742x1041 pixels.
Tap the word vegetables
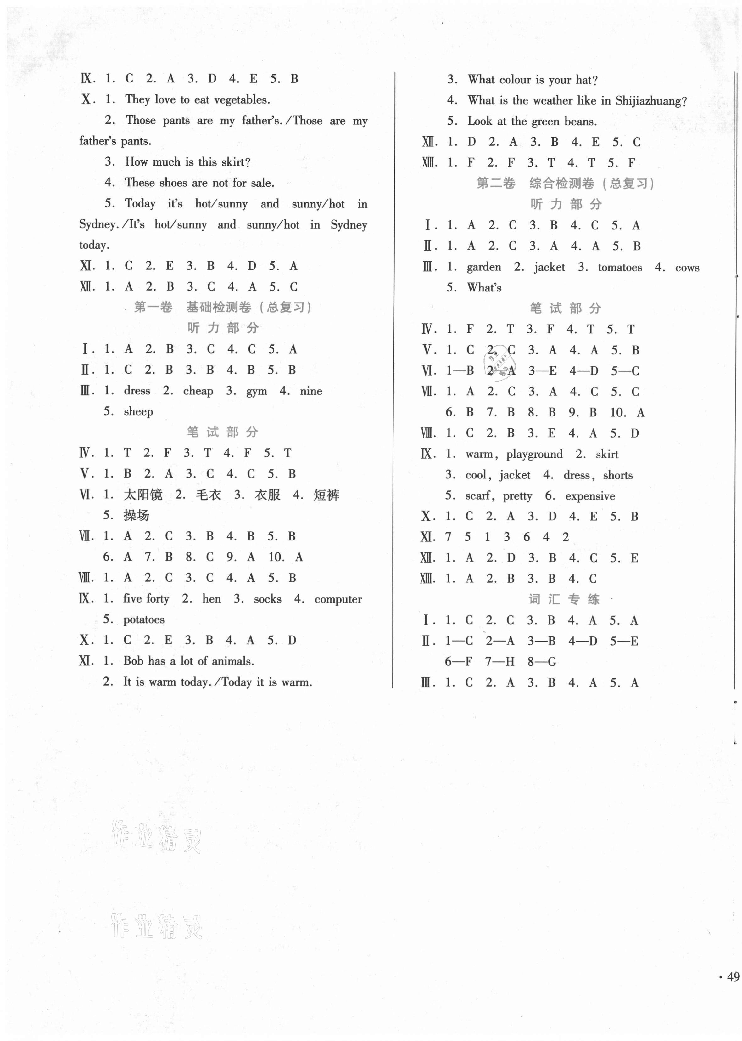tap(242, 100)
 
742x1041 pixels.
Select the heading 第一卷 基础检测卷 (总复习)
tap(223, 307)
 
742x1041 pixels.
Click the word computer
tap(338, 599)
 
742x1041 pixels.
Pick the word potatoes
tap(144, 620)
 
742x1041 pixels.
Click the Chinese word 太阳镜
tap(143, 495)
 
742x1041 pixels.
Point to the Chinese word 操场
tap(136, 515)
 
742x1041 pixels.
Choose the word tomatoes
tap(620, 268)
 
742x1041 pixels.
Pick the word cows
tap(687, 268)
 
